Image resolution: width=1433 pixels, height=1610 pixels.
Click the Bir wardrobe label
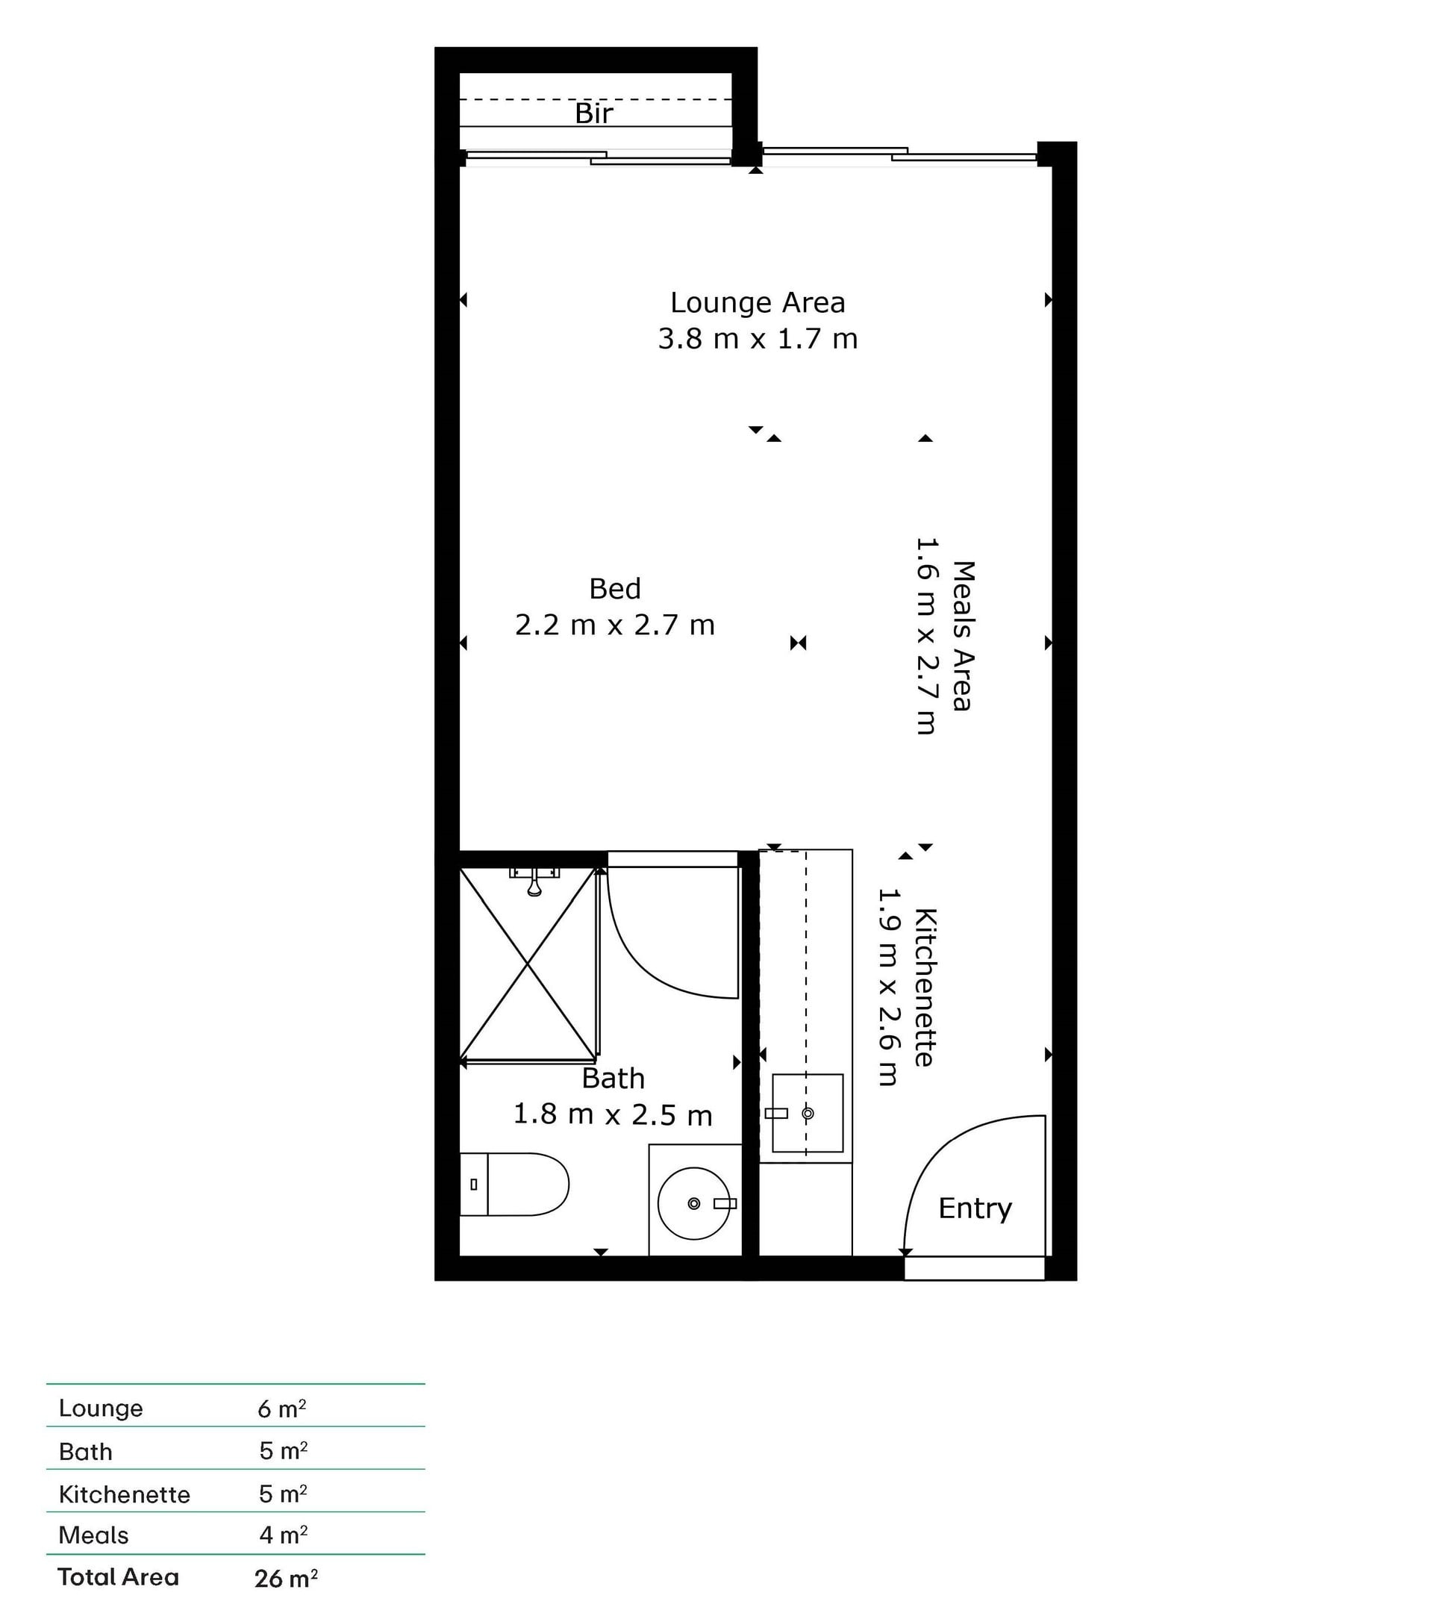click(x=594, y=113)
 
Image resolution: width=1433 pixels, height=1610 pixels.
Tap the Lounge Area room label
click(x=758, y=303)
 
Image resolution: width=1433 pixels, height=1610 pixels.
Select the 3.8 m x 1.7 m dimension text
click(x=758, y=339)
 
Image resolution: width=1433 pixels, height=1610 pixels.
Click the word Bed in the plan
click(x=615, y=588)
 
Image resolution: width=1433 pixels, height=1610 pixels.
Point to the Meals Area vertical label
click(x=964, y=636)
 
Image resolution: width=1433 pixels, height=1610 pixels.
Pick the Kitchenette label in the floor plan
click(x=925, y=987)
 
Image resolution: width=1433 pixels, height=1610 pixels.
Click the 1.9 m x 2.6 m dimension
click(x=888, y=987)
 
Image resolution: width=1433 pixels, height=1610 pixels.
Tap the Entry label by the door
click(x=975, y=1208)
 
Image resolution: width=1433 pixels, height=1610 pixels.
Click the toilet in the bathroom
click(x=514, y=1185)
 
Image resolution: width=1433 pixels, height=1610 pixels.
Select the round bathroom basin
click(x=694, y=1203)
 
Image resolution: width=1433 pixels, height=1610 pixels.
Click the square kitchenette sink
click(x=808, y=1113)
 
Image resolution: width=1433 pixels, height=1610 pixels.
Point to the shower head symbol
click(x=534, y=882)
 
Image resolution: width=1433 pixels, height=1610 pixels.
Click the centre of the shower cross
click(x=528, y=964)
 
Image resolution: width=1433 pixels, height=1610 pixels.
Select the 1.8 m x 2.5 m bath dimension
click(x=613, y=1114)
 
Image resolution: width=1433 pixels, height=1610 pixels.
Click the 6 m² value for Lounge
click(x=282, y=1408)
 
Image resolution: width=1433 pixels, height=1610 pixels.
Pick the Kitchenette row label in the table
click(x=125, y=1494)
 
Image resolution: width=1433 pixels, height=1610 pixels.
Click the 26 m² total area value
click(x=286, y=1579)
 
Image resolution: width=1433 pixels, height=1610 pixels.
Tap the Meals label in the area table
click(x=94, y=1535)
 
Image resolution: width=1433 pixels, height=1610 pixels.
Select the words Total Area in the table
click(x=118, y=1577)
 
